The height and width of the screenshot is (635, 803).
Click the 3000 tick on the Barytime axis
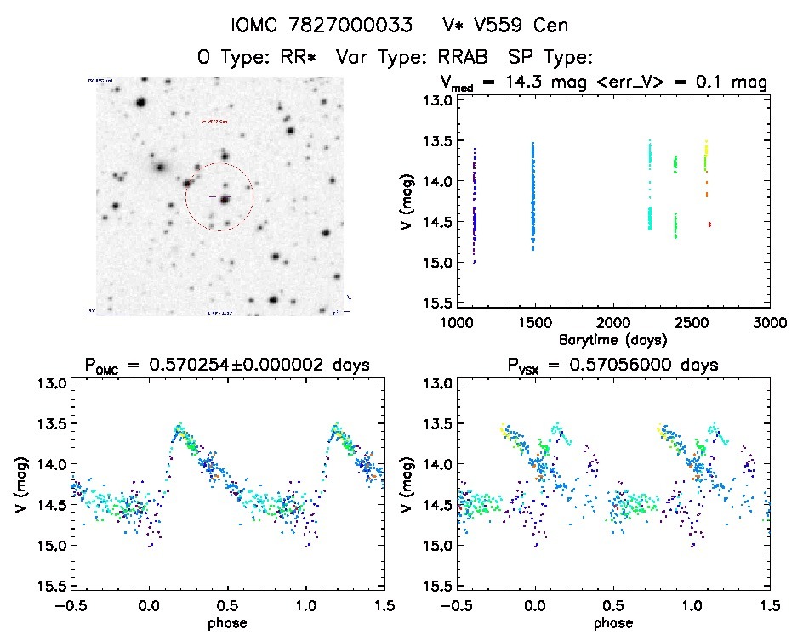[x=769, y=323]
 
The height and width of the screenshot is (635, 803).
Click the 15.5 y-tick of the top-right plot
[x=439, y=303]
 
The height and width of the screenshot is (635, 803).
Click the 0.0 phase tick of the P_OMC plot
[x=149, y=606]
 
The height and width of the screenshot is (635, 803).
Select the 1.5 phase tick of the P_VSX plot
[x=769, y=606]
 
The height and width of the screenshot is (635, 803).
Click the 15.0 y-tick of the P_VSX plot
[x=439, y=546]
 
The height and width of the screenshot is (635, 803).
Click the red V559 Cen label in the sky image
[x=214, y=122]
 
